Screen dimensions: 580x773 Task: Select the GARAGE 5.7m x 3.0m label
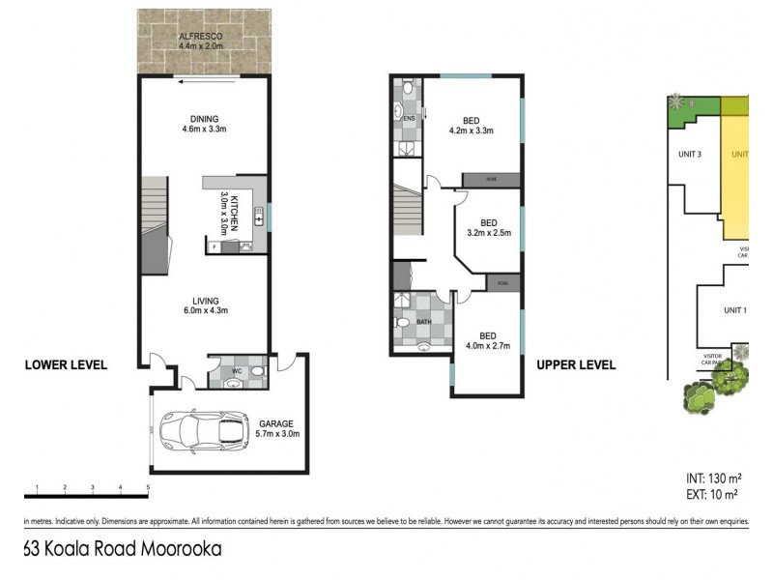pyautogui.click(x=279, y=428)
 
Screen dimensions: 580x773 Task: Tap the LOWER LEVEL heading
pyautogui.click(x=65, y=365)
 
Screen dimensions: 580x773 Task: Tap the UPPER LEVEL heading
pyautogui.click(x=576, y=365)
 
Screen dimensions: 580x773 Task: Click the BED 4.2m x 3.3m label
pyautogui.click(x=471, y=125)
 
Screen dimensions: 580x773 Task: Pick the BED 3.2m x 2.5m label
pyautogui.click(x=488, y=226)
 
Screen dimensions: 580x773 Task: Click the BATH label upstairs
pyautogui.click(x=423, y=324)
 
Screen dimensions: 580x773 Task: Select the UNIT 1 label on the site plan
pyautogui.click(x=735, y=310)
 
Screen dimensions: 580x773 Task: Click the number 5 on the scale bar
pyautogui.click(x=148, y=487)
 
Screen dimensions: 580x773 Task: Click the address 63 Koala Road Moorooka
pyautogui.click(x=122, y=550)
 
